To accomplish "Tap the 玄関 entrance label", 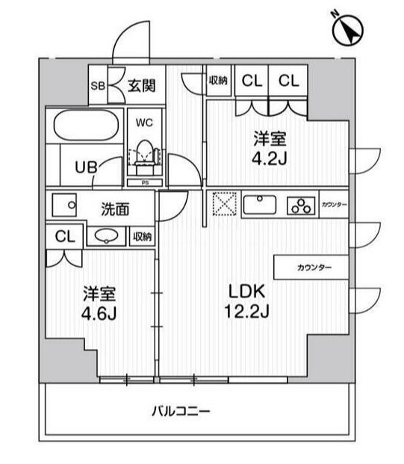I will pyautogui.click(x=140, y=84).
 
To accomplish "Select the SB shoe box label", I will pyautogui.click(x=98, y=85).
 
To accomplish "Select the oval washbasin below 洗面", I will pyautogui.click(x=108, y=237).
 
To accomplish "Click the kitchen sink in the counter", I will pyautogui.click(x=260, y=204).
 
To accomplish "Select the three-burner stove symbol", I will pyautogui.click(x=302, y=205).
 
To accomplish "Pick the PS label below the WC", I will pyautogui.click(x=143, y=182).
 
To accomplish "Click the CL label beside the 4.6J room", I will pyautogui.click(x=64, y=237).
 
